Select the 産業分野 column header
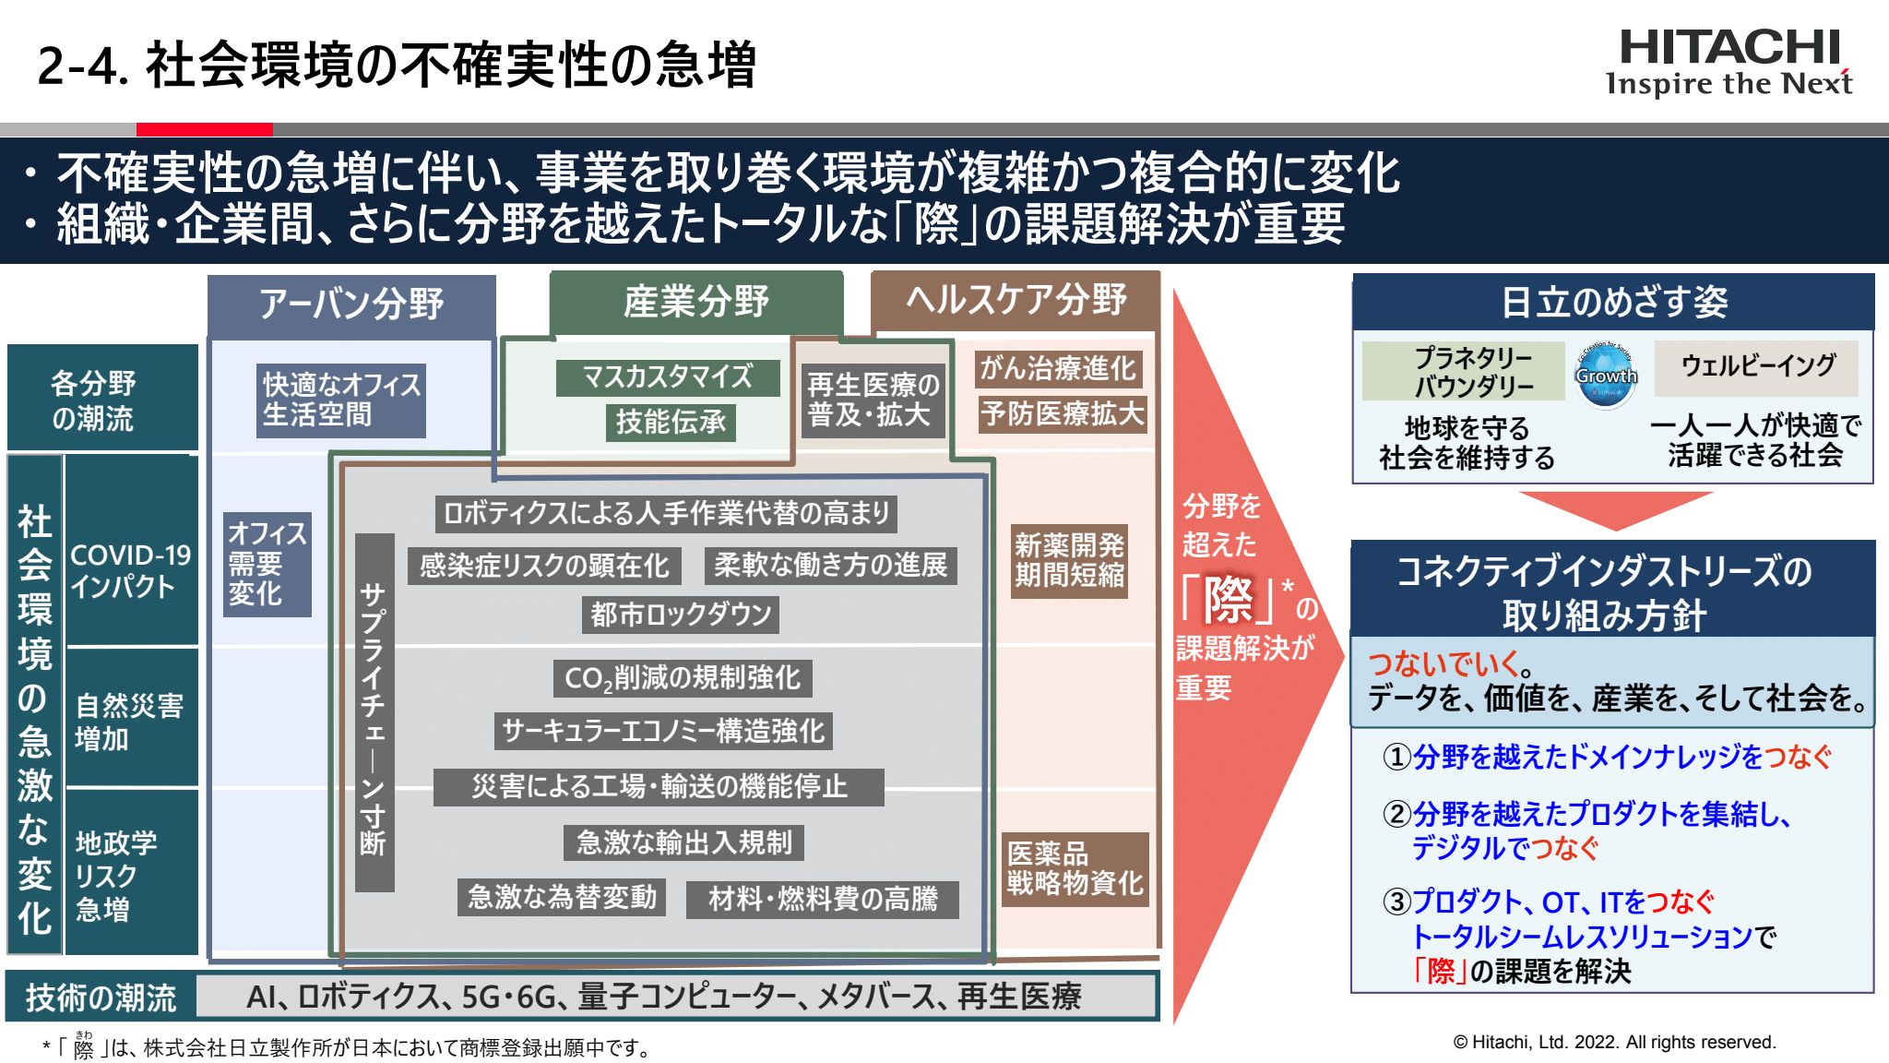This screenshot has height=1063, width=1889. click(x=696, y=301)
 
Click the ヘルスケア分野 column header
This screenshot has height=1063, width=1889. click(x=1016, y=300)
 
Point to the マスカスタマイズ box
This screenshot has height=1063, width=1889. click(x=667, y=377)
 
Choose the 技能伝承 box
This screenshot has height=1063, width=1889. click(x=671, y=422)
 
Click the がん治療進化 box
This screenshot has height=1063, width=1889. click(x=1058, y=368)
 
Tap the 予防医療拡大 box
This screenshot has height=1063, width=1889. click(x=1062, y=413)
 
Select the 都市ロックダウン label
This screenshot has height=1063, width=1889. click(x=681, y=615)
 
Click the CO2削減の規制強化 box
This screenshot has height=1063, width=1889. click(x=683, y=678)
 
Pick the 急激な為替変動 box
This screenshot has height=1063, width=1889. click(x=562, y=897)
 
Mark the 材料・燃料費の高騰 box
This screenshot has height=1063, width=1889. click(x=822, y=899)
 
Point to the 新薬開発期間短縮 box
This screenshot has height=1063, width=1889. click(x=1069, y=560)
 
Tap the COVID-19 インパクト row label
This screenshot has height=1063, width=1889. click(x=130, y=570)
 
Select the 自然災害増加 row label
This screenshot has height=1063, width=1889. click(x=129, y=722)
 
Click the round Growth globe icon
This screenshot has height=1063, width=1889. click(x=1606, y=375)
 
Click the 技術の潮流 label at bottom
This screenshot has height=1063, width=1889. click(x=101, y=997)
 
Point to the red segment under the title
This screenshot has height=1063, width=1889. click(x=204, y=129)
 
